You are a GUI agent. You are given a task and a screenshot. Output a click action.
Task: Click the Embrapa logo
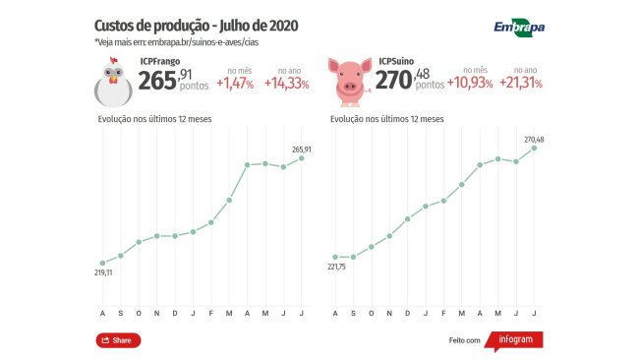(x=518, y=28)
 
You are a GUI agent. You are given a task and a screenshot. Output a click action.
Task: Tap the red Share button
(x=118, y=340)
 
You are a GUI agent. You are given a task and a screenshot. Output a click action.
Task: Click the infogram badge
(x=515, y=340)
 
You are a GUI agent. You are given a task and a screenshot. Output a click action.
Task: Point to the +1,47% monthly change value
(x=236, y=85)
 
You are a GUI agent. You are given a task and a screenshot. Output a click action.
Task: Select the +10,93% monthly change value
(x=472, y=85)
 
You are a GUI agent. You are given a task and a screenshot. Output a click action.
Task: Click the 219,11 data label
(x=102, y=272)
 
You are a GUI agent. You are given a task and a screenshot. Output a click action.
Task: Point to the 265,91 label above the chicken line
(x=303, y=149)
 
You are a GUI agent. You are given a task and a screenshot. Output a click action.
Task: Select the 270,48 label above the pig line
(x=534, y=140)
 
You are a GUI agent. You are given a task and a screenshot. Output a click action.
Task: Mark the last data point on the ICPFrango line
(x=303, y=158)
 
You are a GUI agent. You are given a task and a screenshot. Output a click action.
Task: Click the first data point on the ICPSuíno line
(x=335, y=257)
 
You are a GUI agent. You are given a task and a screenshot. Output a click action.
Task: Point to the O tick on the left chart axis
(x=139, y=314)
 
